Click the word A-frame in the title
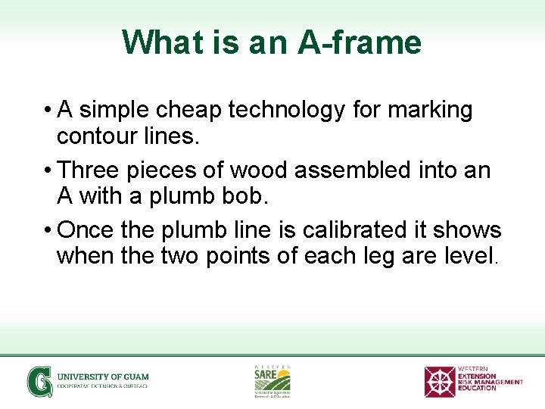360,42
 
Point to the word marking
430,111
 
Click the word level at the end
469,256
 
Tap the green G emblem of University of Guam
39,381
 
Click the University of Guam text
103,376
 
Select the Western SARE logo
272,380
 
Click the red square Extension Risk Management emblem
439,381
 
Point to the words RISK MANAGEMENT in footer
490,382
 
